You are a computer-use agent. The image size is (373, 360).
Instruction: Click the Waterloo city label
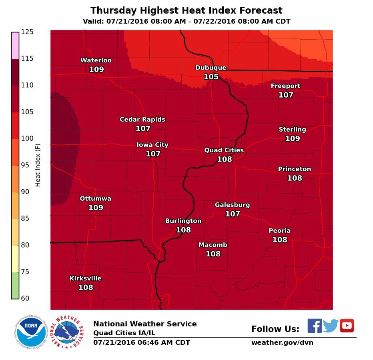[x=96, y=60]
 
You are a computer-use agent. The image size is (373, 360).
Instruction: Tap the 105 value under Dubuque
[x=211, y=76]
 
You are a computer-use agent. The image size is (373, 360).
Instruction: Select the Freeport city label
[x=285, y=86]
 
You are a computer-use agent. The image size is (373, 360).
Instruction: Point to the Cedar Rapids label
[x=142, y=120]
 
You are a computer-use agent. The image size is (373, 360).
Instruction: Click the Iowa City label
[x=152, y=145]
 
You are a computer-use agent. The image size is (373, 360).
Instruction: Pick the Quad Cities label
[x=224, y=150]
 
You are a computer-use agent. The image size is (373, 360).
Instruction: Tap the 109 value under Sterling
[x=293, y=138]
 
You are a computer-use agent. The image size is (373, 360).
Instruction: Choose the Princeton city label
[x=295, y=169]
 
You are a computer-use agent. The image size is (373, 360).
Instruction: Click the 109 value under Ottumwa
[x=96, y=208]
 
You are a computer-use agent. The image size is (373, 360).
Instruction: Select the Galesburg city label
[x=232, y=205]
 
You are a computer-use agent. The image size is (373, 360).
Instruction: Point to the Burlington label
[x=183, y=221]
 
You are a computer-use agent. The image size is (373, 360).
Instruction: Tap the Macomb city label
[x=213, y=245]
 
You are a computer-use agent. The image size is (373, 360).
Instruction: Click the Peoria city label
[x=280, y=231]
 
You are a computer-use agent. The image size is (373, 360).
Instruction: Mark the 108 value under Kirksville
[x=86, y=287]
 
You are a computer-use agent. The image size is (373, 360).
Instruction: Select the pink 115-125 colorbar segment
[x=15, y=46]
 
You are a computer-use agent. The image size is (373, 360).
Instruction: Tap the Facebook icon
[x=315, y=326]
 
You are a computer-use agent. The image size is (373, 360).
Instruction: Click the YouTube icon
[x=347, y=326]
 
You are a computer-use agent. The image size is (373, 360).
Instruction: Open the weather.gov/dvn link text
[x=282, y=343]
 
